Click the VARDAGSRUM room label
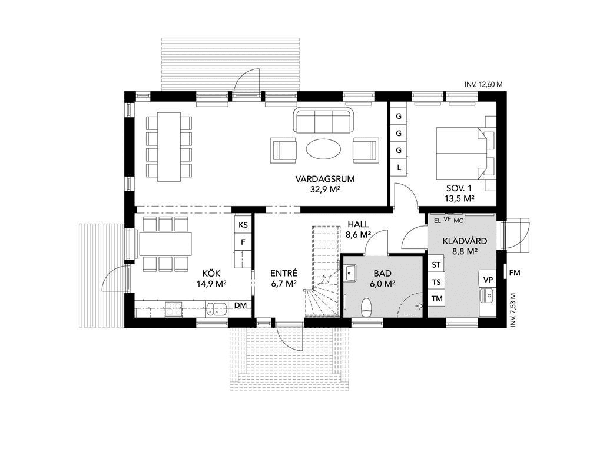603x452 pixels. point(325,179)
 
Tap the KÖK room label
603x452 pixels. point(211,273)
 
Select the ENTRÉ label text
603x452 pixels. point(284,273)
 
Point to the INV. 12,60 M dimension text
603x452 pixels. point(483,85)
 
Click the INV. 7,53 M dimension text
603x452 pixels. point(512,310)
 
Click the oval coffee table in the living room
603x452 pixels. point(323,148)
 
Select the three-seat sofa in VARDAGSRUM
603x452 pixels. point(323,120)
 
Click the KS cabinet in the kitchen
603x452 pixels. point(243,225)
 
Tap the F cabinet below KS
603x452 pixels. point(243,242)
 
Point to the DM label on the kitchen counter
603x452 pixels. point(240,305)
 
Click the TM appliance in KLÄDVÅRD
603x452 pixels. point(437,298)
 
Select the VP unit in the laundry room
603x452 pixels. point(488,280)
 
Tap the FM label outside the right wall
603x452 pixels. point(515,273)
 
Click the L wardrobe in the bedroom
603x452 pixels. point(399,167)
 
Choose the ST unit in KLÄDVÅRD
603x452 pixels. point(436,265)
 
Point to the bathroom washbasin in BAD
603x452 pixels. point(350,274)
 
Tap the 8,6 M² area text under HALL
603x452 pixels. point(358,234)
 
